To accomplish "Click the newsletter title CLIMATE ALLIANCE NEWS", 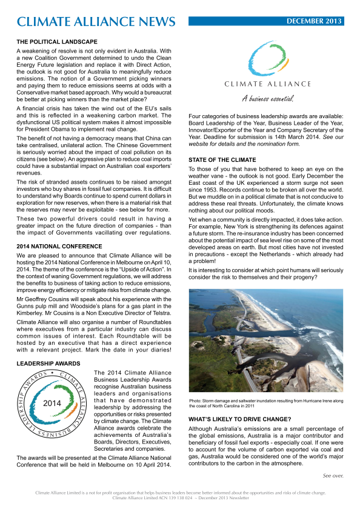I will point(96,22).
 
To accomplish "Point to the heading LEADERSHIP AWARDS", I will point(47,363).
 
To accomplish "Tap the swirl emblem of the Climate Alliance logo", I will point(267,58).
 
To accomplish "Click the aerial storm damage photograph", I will point(266,340).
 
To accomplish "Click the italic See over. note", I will point(333,476).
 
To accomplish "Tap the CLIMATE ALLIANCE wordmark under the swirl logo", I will point(267,84).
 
